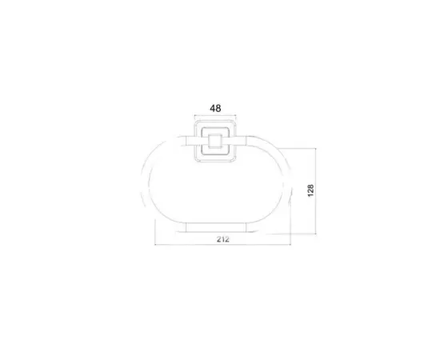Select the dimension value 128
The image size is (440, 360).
310,190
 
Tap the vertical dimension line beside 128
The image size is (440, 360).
319,190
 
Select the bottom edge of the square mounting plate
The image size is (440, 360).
214,163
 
